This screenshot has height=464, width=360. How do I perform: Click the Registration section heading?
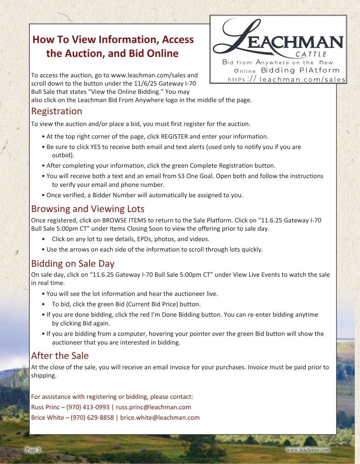57,111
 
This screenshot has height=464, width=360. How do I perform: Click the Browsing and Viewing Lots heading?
87,209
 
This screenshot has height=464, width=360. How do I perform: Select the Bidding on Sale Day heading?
73,264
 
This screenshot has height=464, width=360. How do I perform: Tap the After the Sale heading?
60,356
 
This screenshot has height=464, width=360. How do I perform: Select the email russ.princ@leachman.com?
153,407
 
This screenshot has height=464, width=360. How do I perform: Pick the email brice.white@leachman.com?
160,418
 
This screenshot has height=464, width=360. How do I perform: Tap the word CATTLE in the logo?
311,54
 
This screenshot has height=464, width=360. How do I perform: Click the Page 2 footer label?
33,450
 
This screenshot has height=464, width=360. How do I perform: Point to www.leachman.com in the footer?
308,450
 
